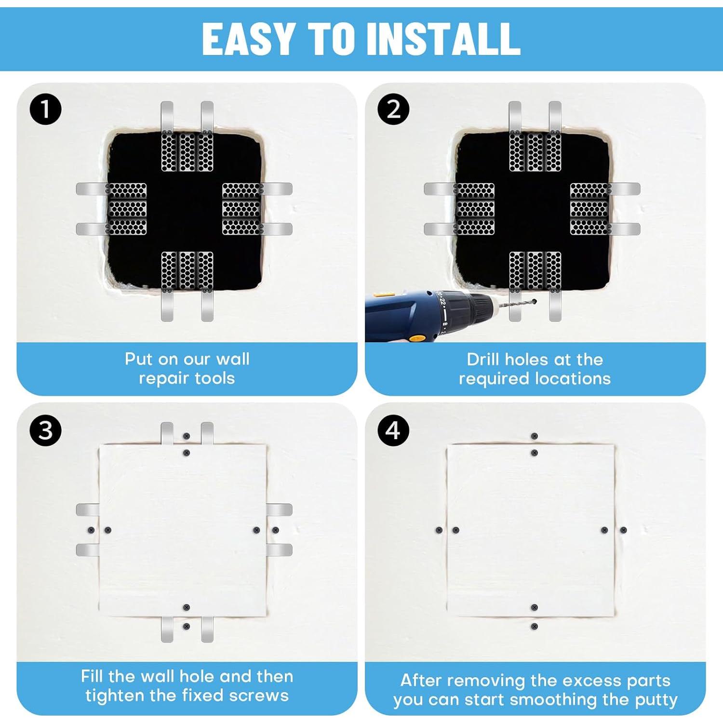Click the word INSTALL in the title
[443, 39]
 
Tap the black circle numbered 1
[45, 109]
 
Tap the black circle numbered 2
[393, 109]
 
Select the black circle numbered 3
[45, 429]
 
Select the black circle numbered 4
[393, 429]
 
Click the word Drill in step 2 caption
[484, 360]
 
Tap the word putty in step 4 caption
[656, 699]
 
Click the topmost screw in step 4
[534, 436]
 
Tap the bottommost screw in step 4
[534, 627]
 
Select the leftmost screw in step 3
[91, 530]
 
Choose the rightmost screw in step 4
[623, 530]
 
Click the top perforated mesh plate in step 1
[187, 152]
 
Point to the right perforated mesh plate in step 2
[589, 209]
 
